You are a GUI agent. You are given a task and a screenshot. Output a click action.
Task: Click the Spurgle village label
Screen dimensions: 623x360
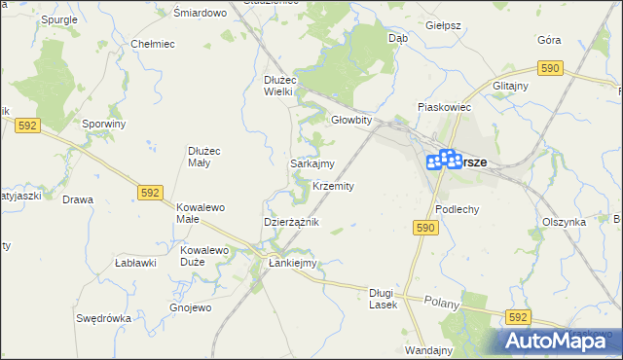(59, 19)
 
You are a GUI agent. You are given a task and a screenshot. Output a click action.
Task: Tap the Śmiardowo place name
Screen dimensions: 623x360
(200, 13)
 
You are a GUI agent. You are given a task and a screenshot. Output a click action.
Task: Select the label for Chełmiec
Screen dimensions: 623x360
(152, 44)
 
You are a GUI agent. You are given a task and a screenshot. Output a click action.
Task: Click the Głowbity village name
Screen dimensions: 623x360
(351, 121)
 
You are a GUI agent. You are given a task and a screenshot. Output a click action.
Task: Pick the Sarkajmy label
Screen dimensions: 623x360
(312, 164)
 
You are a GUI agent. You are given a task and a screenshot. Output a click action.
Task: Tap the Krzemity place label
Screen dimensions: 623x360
(333, 186)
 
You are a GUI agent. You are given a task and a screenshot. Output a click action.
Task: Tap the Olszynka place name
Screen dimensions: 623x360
(564, 222)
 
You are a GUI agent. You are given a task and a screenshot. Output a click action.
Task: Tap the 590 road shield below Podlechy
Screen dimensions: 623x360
(425, 227)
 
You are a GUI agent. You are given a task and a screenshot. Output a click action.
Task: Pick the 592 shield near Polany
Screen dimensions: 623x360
(518, 317)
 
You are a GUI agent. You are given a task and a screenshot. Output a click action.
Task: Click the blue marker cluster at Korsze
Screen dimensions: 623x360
(444, 159)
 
